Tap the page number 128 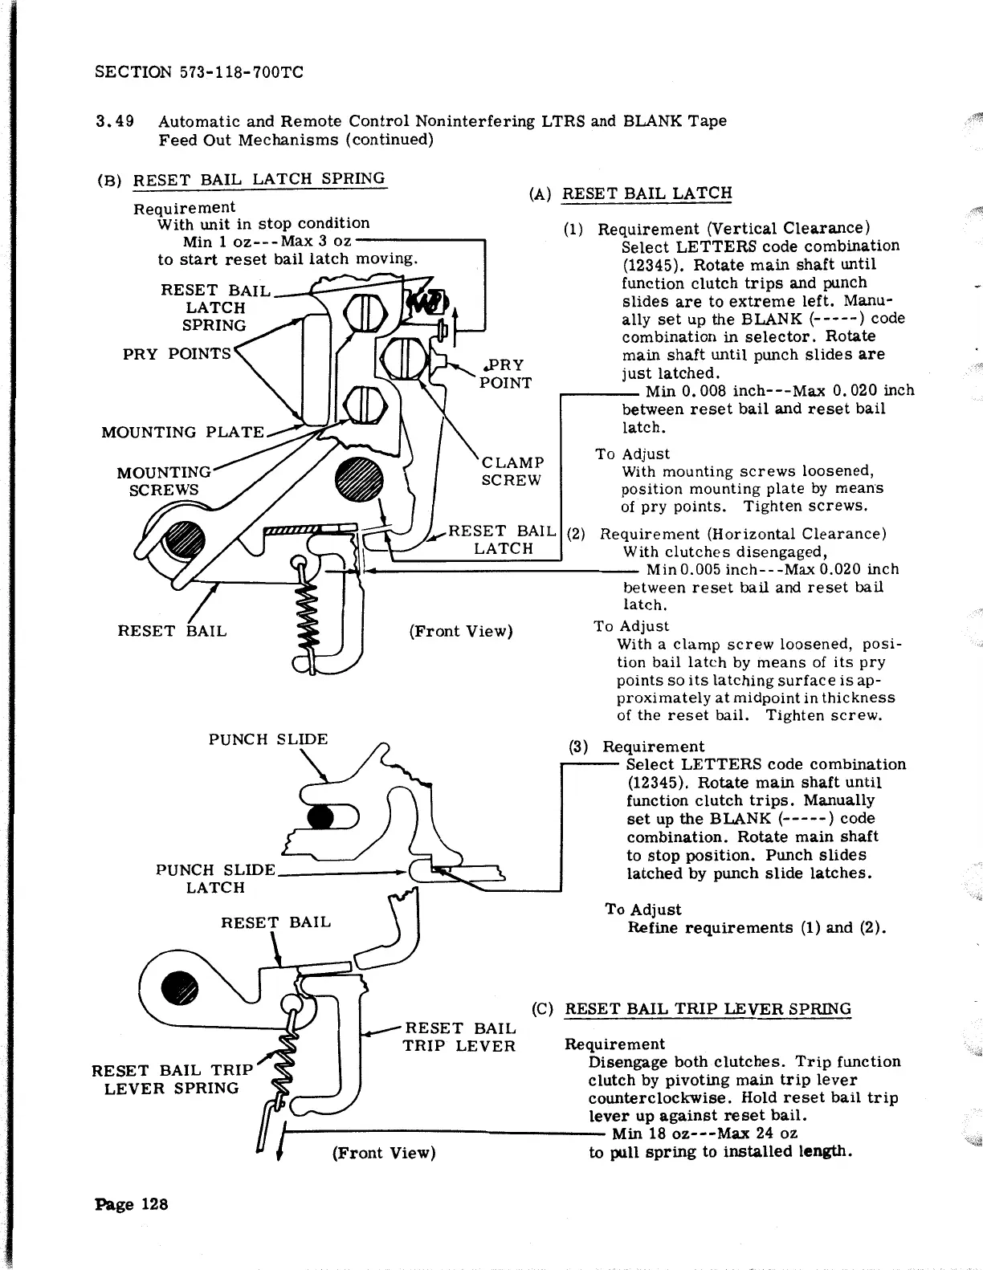click(x=131, y=1203)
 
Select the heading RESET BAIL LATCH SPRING click(x=259, y=178)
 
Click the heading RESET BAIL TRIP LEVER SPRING click(x=708, y=1009)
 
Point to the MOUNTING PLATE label click(x=182, y=432)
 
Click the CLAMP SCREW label click(x=512, y=471)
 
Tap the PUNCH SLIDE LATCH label click(x=215, y=879)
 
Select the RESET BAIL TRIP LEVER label click(x=459, y=1037)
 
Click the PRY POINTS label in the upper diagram click(x=177, y=354)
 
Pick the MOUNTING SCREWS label click(x=164, y=481)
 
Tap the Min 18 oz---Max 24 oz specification click(x=704, y=1134)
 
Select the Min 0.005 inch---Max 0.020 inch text click(x=773, y=569)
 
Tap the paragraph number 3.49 click(x=113, y=121)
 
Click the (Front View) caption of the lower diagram click(x=383, y=1153)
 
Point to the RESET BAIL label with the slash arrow click(x=172, y=631)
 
